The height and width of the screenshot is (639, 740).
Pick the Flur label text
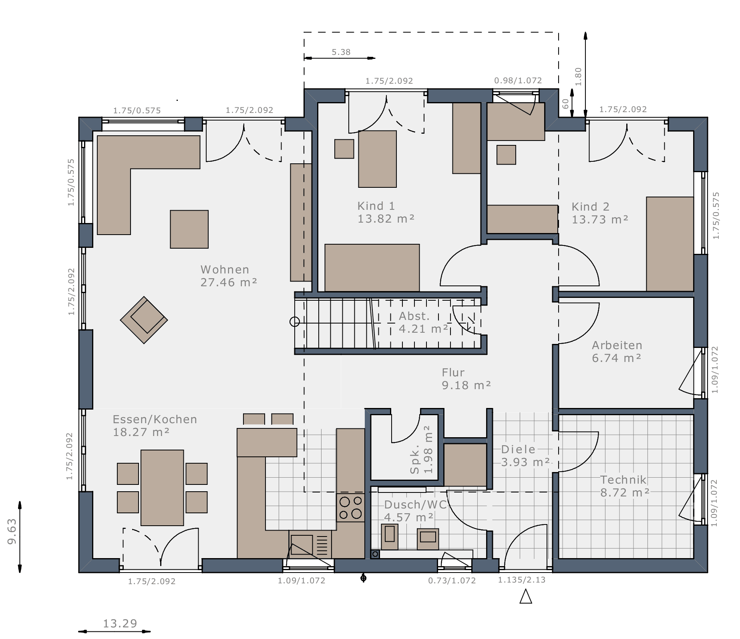453,372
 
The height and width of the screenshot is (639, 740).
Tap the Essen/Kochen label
155,419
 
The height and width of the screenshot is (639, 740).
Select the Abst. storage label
414,316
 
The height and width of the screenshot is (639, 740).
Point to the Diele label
518,449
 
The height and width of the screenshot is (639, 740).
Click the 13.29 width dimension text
120,623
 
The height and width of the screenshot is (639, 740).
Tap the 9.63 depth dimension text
12,531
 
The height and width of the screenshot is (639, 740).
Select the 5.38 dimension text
341,52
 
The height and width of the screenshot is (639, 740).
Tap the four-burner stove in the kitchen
350,507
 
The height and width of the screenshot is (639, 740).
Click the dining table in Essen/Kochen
162,488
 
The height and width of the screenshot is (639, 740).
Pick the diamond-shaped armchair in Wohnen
144,320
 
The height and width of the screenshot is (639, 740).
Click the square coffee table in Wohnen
189,229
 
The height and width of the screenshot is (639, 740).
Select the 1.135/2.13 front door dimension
522,580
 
